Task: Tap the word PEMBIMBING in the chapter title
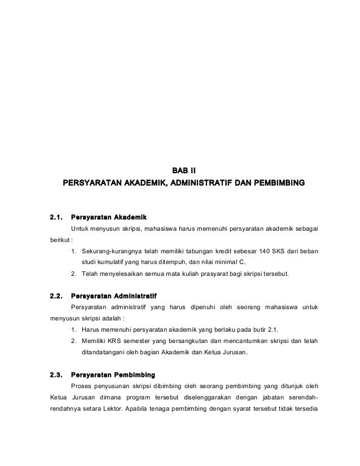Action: [x=276, y=183]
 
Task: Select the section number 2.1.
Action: [x=56, y=216]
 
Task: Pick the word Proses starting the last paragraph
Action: [x=83, y=387]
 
